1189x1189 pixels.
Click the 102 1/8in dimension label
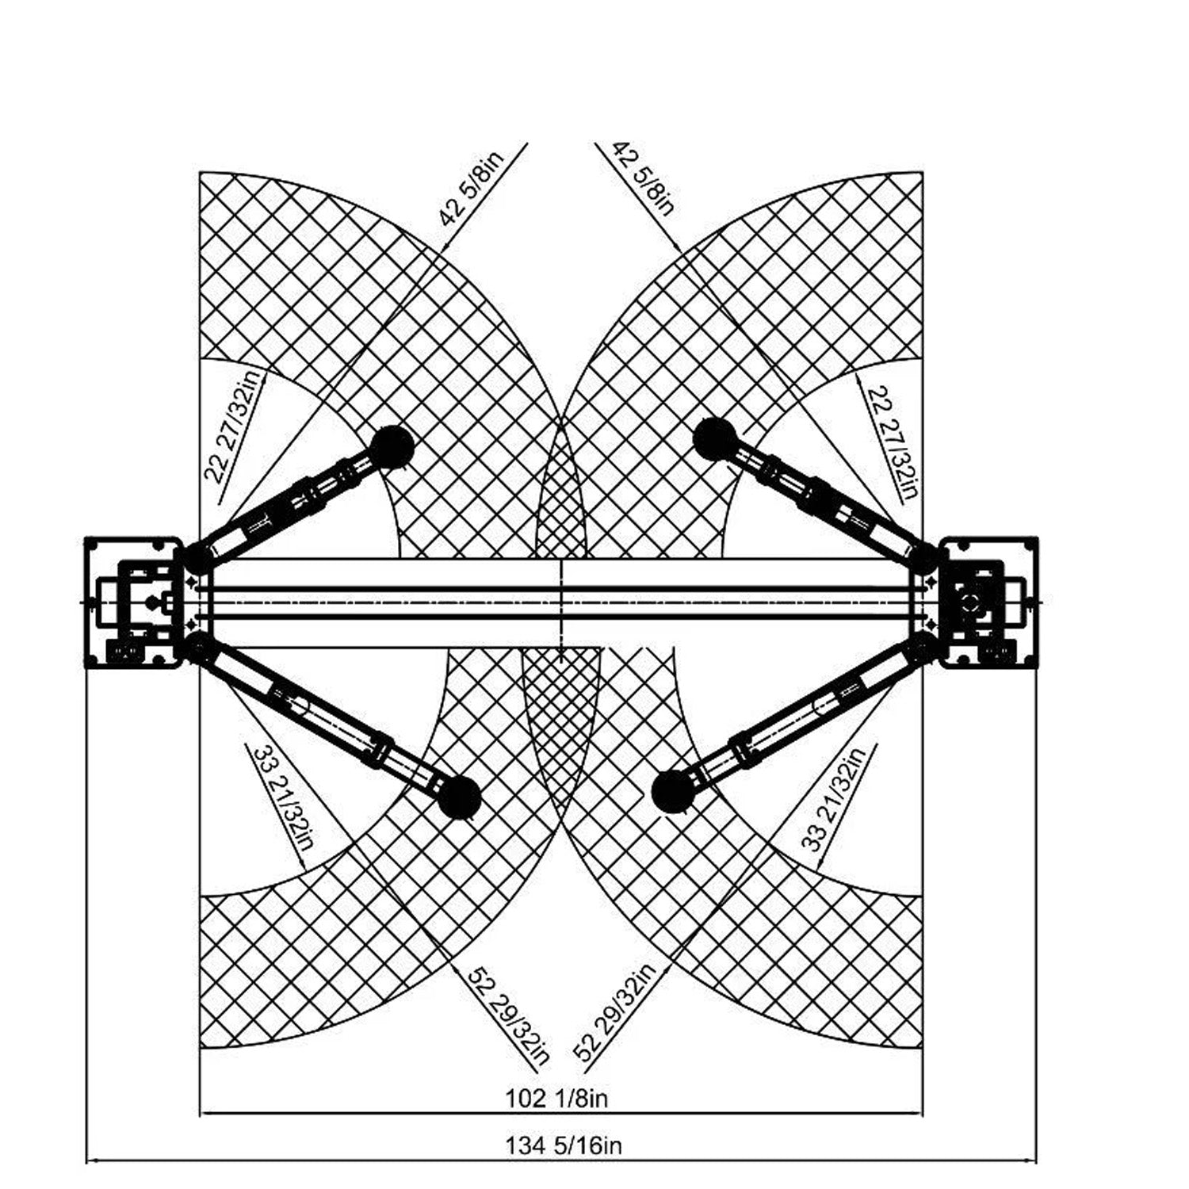coord(556,1099)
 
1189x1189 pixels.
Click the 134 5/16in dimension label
coord(564,1145)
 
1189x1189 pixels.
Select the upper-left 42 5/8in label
coord(470,189)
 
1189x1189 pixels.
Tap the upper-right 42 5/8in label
coord(643,178)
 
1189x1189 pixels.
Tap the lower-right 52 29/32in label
coord(616,1012)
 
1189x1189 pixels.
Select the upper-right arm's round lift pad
coord(713,438)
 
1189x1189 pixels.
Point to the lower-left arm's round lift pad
coord(460,796)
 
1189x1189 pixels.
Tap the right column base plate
coord(988,603)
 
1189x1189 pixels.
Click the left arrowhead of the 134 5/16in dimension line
coord(90,1161)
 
